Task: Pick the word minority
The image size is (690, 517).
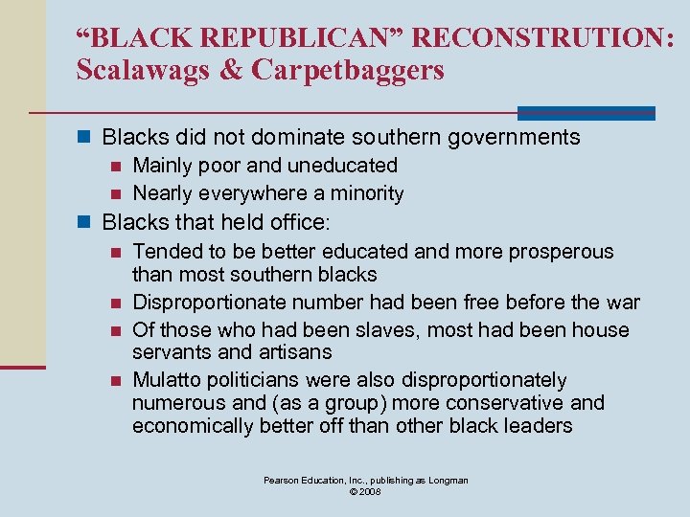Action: point(365,193)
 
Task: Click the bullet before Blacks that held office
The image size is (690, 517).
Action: point(83,223)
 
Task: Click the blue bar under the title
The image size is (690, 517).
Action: point(586,113)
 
